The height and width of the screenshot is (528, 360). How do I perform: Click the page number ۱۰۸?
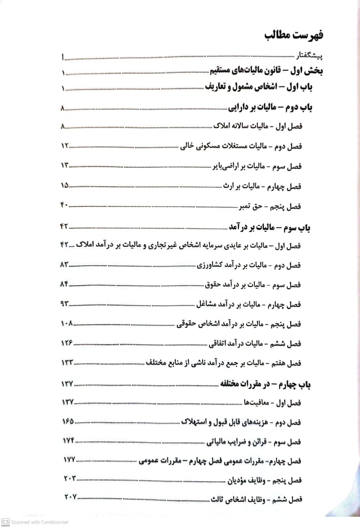[67, 324]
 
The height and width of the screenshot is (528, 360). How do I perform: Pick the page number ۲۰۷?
[70, 498]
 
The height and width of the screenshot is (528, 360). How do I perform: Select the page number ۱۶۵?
[68, 421]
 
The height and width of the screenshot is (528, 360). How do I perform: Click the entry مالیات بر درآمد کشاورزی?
[232, 265]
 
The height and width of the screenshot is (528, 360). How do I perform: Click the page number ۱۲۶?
[67, 344]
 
